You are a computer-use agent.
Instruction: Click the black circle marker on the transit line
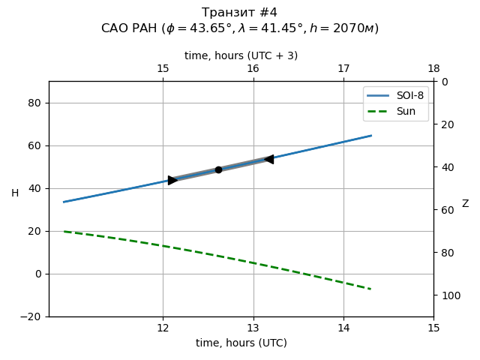pyautogui.click(x=218, y=169)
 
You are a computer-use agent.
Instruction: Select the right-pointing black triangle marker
pyautogui.click(x=172, y=180)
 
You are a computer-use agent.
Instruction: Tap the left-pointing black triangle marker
pyautogui.click(x=268, y=159)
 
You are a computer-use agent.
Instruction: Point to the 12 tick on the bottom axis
pyautogui.click(x=163, y=328)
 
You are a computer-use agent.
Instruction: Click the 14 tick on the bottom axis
pyautogui.click(x=343, y=328)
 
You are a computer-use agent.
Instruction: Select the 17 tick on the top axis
pyautogui.click(x=343, y=69)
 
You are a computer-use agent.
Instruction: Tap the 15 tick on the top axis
pyautogui.click(x=163, y=69)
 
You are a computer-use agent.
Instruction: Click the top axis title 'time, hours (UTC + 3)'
pyautogui.click(x=241, y=55)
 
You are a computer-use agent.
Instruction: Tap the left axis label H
pyautogui.click(x=15, y=193)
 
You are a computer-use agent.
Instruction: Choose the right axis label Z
pyautogui.click(x=465, y=204)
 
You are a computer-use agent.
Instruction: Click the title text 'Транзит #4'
pyautogui.click(x=240, y=13)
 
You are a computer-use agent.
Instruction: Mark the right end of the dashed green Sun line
pyautogui.click(x=370, y=289)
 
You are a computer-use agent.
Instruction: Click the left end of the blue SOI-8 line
pyautogui.click(x=64, y=202)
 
